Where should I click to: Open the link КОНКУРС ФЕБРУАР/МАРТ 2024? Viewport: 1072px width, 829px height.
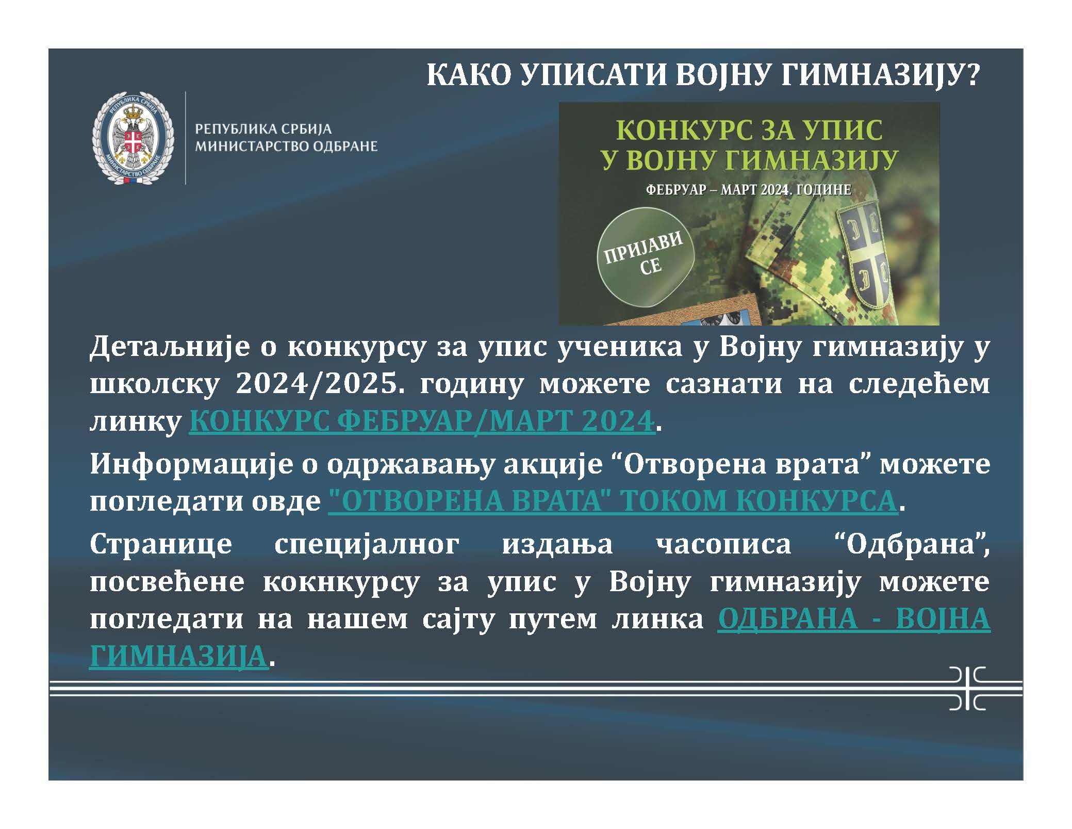click(x=422, y=421)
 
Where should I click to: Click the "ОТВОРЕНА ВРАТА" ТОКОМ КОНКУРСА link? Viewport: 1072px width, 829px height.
click(x=613, y=500)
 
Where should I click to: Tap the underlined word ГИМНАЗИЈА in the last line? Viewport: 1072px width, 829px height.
click(x=178, y=656)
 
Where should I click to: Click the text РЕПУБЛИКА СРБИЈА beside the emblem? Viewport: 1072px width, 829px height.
click(x=263, y=129)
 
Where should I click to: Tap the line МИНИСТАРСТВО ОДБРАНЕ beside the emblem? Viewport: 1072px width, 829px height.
click(x=286, y=147)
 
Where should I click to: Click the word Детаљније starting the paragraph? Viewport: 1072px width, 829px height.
click(x=168, y=347)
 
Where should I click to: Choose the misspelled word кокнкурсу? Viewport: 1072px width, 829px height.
click(x=341, y=582)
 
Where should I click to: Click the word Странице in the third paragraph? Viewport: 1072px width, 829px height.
click(x=161, y=544)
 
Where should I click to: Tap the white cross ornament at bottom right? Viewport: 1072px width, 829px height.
click(x=967, y=688)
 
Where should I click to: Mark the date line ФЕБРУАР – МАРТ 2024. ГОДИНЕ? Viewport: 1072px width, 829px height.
click(x=749, y=190)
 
